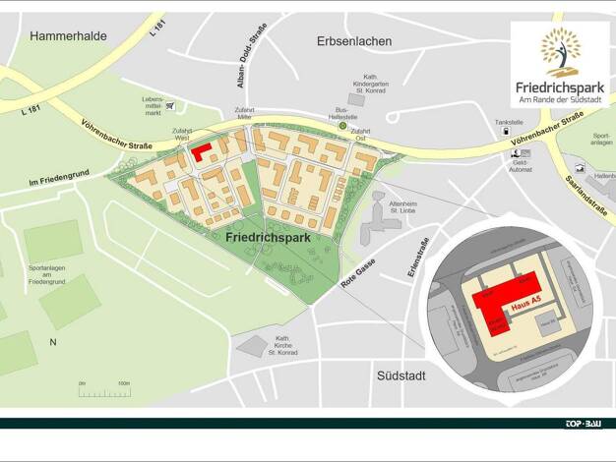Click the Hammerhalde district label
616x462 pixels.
[68, 36]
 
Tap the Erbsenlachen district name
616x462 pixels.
[354, 41]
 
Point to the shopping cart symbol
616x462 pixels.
[170, 104]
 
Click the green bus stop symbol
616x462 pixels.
[342, 126]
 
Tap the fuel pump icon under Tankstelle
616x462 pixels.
[506, 131]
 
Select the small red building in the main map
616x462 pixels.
[203, 153]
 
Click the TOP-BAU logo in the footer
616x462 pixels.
[583, 424]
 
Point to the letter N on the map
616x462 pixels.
[53, 342]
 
